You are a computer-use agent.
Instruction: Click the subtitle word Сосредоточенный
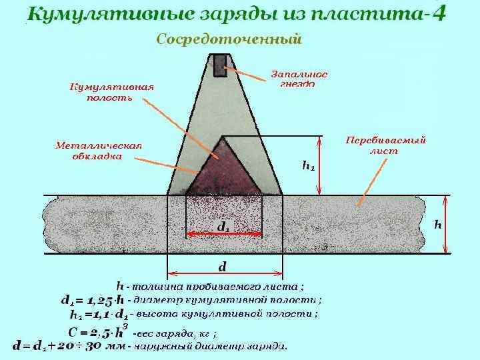tap(229, 39)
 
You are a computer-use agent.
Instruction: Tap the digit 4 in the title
tap(439, 13)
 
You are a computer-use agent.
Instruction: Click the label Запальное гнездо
tap(299, 78)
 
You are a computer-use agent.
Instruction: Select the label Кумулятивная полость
tap(112, 92)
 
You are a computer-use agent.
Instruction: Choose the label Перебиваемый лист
tap(385, 145)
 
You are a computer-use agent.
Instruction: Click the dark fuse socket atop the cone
tap(220, 65)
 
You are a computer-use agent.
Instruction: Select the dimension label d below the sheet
tap(223, 266)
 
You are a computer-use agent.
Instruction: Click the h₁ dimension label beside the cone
tap(309, 165)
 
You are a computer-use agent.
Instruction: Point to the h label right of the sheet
tap(438, 224)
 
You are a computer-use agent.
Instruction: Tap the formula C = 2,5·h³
tap(97, 331)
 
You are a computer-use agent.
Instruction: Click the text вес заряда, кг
tap(175, 333)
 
